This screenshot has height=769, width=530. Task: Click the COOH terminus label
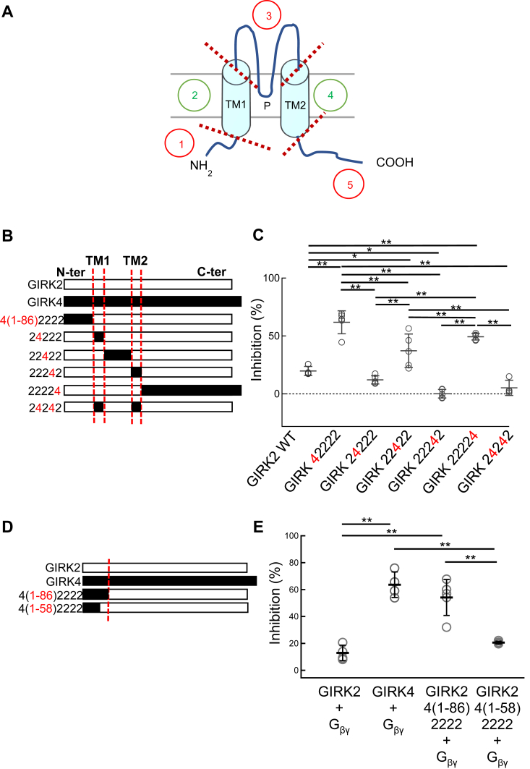click(395, 163)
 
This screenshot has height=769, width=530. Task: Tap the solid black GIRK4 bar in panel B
click(153, 301)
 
